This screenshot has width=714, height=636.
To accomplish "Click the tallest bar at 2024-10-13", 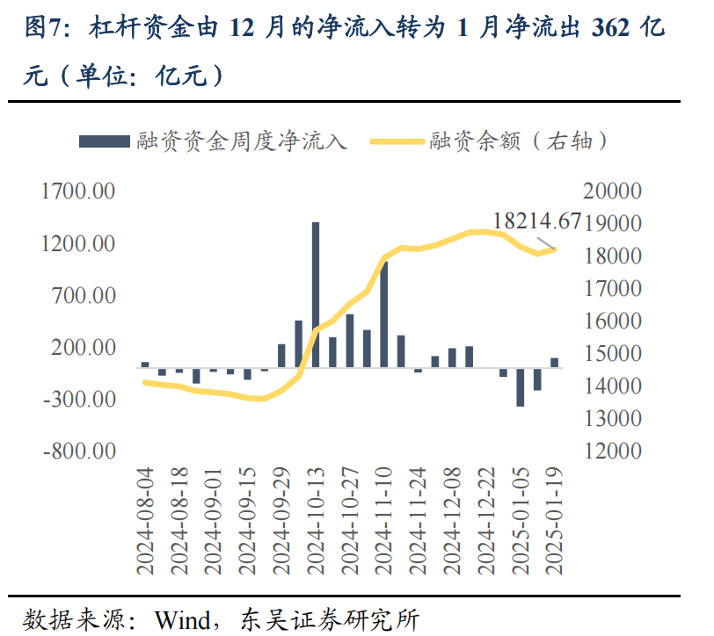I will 316,295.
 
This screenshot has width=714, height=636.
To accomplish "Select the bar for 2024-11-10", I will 383,314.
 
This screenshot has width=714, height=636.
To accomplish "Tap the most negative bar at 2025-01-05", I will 521,387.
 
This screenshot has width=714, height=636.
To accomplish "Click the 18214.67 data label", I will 537,220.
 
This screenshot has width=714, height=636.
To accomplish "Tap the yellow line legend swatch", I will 397,141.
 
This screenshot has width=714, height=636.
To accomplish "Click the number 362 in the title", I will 610,29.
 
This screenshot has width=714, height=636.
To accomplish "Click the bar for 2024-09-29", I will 281,356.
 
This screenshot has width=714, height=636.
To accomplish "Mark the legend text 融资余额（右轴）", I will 519,141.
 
